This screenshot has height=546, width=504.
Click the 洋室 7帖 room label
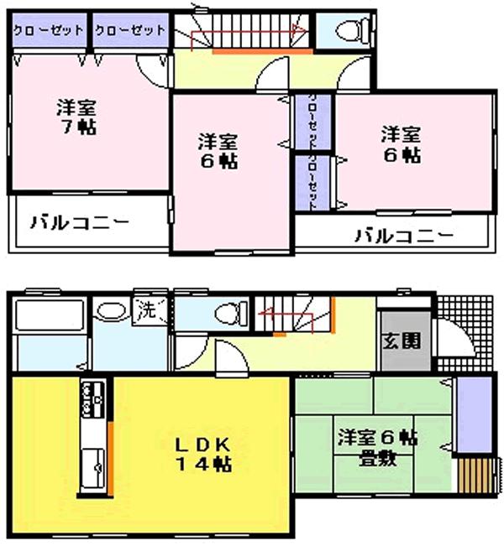[x=76, y=117]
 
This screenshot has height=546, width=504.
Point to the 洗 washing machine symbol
[x=145, y=309]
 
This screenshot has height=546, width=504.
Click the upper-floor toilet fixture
[x=348, y=31]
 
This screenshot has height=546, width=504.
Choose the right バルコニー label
[x=402, y=236]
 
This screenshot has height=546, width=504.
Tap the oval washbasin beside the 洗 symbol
[x=110, y=311]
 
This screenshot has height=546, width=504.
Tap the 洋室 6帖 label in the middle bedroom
[x=218, y=151]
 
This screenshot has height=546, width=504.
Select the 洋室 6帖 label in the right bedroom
[x=400, y=144]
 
